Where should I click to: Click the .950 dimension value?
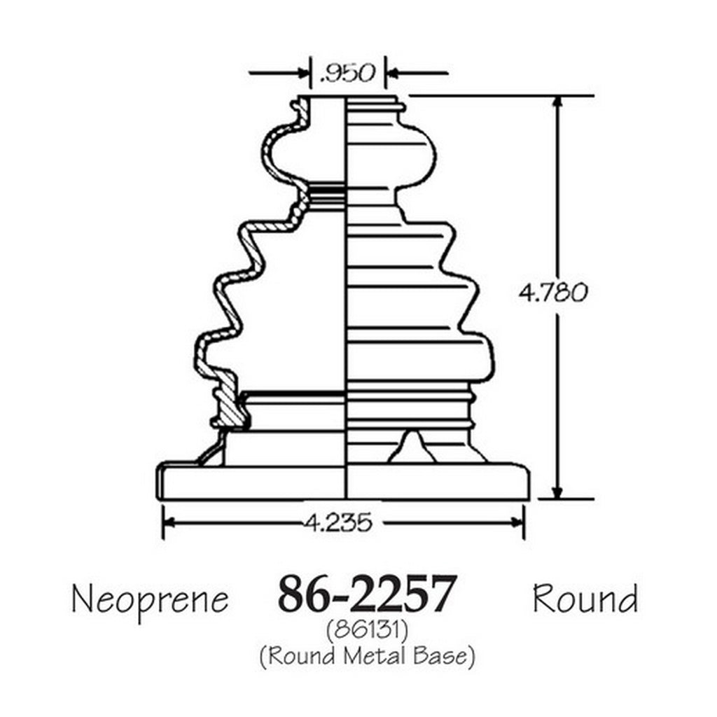point(348,73)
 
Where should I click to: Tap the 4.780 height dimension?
point(552,292)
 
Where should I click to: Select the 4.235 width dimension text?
point(337,522)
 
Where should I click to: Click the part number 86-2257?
point(367,594)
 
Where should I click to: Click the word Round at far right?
point(585,599)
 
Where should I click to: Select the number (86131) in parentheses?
point(367,632)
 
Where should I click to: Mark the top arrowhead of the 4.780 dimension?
point(557,102)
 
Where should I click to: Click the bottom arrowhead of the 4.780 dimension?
point(557,493)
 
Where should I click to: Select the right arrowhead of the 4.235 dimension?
point(518,522)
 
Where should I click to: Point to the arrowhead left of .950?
point(305,72)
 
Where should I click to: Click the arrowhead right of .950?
point(392,72)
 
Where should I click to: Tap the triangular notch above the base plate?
point(412,447)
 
